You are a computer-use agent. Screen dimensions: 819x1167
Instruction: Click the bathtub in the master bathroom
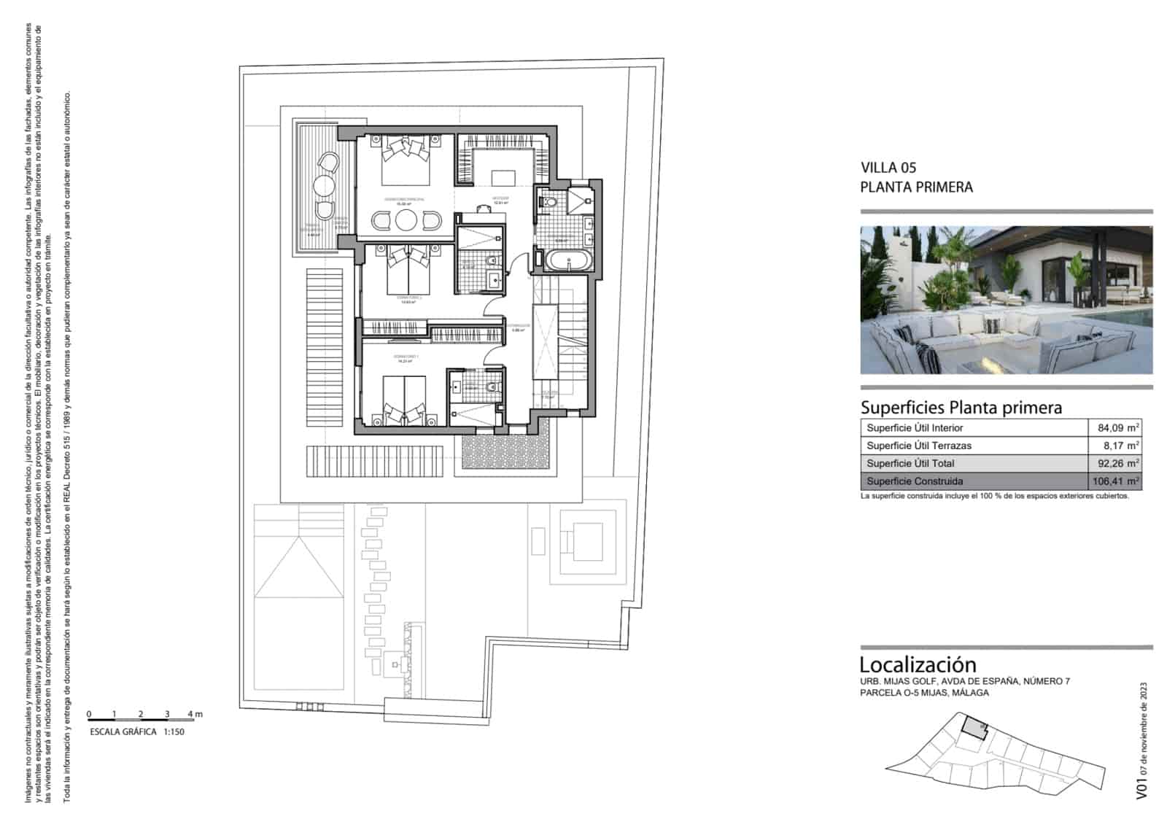click(x=567, y=261)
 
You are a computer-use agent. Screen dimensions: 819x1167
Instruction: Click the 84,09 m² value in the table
click(x=1118, y=428)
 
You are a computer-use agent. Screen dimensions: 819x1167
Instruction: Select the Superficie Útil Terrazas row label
click(x=918, y=446)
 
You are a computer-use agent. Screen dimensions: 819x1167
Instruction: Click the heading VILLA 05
click(x=888, y=168)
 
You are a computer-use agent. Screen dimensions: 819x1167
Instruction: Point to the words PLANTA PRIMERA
click(x=916, y=187)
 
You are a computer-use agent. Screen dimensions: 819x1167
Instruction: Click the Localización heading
click(x=917, y=664)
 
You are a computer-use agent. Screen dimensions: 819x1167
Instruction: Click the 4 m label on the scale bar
click(x=195, y=714)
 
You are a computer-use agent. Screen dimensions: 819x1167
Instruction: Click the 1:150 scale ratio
click(x=174, y=731)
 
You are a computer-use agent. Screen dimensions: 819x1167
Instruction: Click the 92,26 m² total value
click(x=1118, y=463)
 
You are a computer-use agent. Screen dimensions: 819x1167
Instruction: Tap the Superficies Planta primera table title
click(x=961, y=408)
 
